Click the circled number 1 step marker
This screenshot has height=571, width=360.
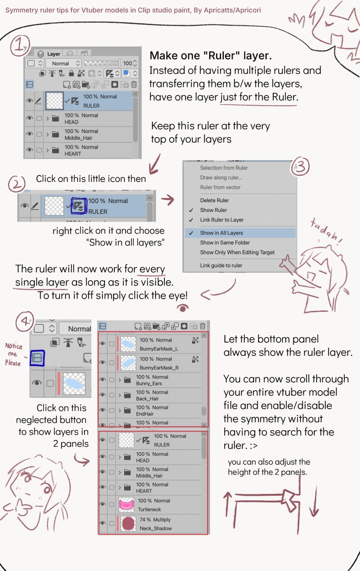(x=20, y=46)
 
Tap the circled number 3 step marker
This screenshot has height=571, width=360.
(x=300, y=167)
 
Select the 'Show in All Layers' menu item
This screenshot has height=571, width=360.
(x=221, y=233)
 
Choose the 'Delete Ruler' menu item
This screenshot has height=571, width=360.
(x=214, y=200)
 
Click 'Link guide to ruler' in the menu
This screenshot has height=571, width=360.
(x=221, y=266)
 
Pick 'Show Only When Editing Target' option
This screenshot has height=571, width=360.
(x=237, y=252)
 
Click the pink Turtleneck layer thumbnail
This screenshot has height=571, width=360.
(x=126, y=504)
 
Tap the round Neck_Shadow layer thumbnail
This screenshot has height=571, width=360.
(x=128, y=523)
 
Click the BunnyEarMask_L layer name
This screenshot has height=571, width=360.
(x=159, y=349)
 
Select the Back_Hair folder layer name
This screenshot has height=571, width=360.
(x=147, y=399)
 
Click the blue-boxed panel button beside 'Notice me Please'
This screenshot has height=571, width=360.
(x=37, y=358)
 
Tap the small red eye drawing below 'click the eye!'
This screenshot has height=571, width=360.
(x=183, y=308)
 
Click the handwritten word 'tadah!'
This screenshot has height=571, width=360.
(x=327, y=231)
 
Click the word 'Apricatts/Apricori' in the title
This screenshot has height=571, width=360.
(x=232, y=10)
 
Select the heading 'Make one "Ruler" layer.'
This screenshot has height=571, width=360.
(x=210, y=56)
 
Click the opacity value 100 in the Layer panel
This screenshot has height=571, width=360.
(x=127, y=63)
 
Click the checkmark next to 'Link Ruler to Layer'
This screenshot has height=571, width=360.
(x=191, y=220)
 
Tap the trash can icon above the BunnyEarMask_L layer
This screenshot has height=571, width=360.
(x=202, y=326)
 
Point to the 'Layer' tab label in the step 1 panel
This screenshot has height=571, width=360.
(x=54, y=54)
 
